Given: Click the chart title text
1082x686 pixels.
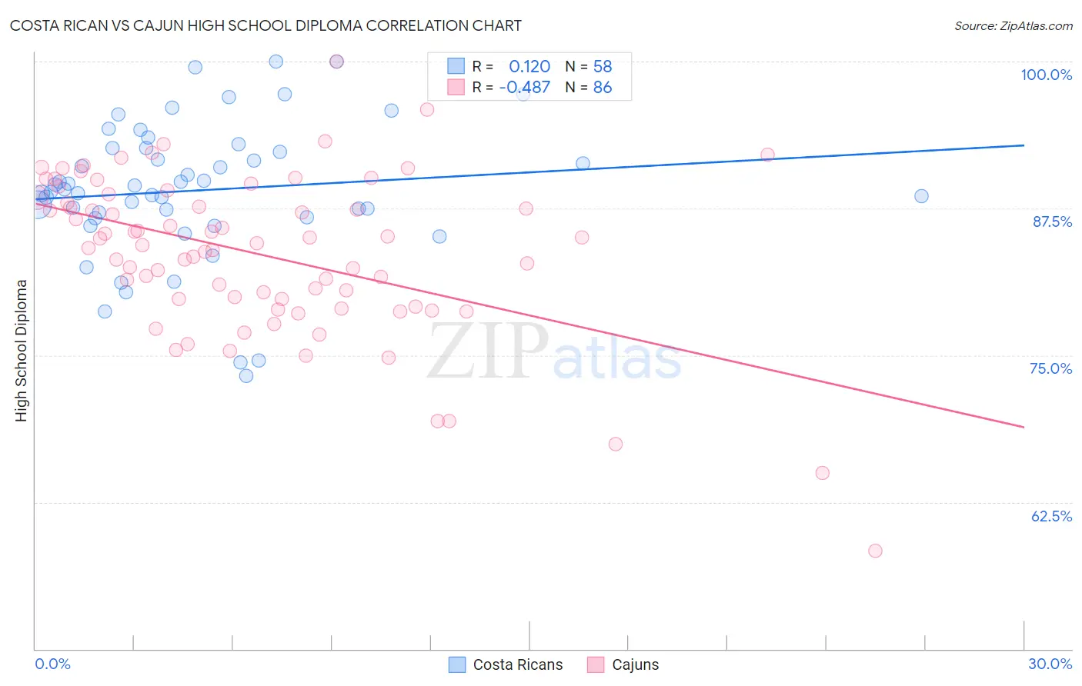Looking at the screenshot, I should (x=265, y=25).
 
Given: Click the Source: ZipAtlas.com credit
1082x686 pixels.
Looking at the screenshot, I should (x=1013, y=25).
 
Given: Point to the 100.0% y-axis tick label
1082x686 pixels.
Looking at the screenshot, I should (x=1046, y=75).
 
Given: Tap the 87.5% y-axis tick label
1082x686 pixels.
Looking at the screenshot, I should (x=1051, y=221).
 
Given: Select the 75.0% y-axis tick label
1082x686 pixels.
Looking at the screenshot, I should (x=1050, y=368).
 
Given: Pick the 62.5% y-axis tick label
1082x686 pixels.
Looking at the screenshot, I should (x=1051, y=516).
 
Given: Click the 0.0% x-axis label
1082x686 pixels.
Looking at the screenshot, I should (x=52, y=664).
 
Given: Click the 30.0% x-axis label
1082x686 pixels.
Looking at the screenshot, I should (x=1050, y=664).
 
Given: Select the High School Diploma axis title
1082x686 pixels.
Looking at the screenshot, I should (x=22, y=350).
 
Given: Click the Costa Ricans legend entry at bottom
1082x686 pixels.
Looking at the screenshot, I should (x=517, y=664).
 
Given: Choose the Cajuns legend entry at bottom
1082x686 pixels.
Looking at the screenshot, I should (x=635, y=664).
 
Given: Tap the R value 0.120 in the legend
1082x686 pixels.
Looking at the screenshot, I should (x=529, y=67).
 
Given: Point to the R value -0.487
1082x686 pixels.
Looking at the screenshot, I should (x=525, y=88).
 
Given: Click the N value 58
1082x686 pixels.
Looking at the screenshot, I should (x=602, y=67).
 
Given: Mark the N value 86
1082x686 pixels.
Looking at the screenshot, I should (x=602, y=88).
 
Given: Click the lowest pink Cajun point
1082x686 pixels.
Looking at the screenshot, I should (x=875, y=551).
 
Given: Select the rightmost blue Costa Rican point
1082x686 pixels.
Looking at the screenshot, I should (x=921, y=196).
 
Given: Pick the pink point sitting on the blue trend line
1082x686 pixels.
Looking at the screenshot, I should (x=767, y=155).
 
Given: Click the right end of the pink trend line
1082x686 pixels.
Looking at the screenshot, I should (x=1024, y=427).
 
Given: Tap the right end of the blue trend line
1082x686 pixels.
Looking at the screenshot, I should (x=1024, y=145).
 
